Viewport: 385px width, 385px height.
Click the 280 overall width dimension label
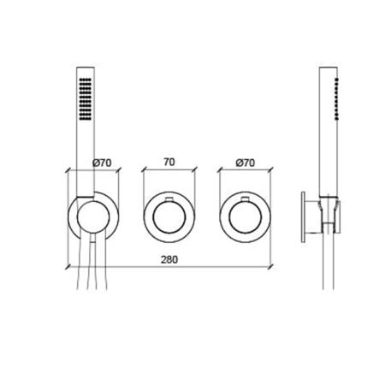(169, 260)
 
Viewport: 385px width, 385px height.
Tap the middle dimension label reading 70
(169, 162)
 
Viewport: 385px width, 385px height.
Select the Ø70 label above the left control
(102, 163)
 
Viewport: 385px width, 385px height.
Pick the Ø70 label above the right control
(246, 163)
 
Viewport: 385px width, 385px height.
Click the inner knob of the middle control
(169, 216)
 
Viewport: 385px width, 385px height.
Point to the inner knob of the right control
(246, 216)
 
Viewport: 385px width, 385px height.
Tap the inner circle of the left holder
(93, 216)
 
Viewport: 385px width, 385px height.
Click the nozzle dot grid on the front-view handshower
(86, 98)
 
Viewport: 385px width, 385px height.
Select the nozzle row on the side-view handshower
(337, 98)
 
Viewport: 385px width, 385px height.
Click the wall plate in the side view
(303, 217)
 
